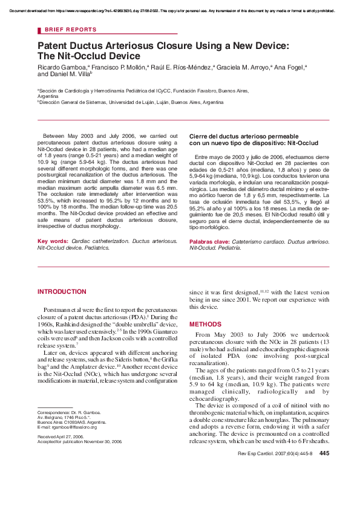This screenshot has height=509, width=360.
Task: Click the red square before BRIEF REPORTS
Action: click(39, 30)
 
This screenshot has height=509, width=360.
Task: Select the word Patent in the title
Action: click(53, 46)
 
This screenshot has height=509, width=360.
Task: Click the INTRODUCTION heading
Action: click(62, 291)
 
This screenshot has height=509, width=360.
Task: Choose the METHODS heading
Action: click(206, 324)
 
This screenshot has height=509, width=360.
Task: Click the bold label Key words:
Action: click(53, 241)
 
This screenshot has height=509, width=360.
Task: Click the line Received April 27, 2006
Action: click(62, 436)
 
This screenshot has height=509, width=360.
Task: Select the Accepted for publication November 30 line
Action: click(79, 441)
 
